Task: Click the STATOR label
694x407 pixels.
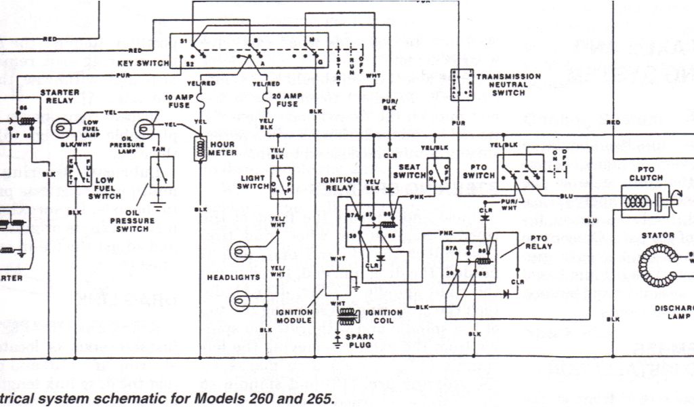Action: pos(662,235)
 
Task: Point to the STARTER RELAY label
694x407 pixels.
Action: pos(60,96)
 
